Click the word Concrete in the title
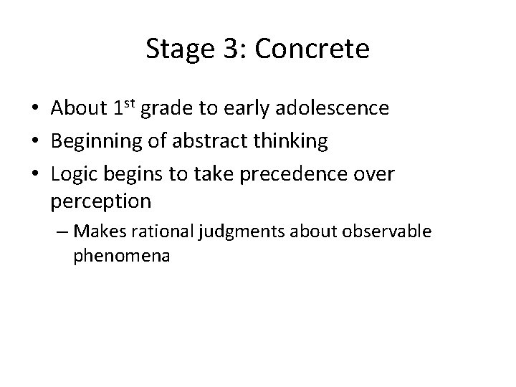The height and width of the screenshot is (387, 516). tap(313, 49)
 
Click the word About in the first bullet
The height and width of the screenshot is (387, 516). tap(80, 108)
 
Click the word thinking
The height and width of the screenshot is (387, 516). tap(294, 142)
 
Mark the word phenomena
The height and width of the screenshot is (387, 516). tap(121, 255)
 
